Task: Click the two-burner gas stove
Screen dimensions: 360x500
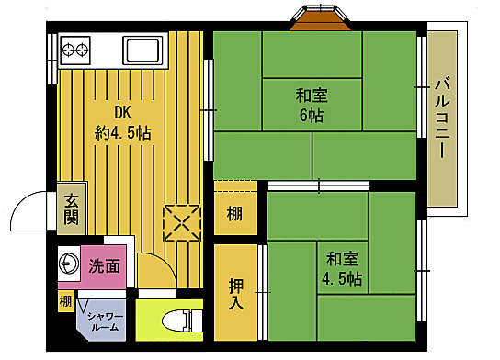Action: point(74,48)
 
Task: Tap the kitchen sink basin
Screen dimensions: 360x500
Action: point(143,49)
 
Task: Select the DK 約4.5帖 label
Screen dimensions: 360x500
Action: point(122,122)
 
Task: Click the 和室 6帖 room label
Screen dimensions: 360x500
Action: point(310,104)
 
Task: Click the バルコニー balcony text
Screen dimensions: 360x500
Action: point(442,118)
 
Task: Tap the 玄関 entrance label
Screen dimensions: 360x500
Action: point(71,210)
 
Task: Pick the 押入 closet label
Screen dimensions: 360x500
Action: point(236,293)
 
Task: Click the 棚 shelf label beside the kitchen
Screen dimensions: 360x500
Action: point(235,214)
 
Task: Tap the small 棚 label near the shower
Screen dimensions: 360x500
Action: point(65,301)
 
